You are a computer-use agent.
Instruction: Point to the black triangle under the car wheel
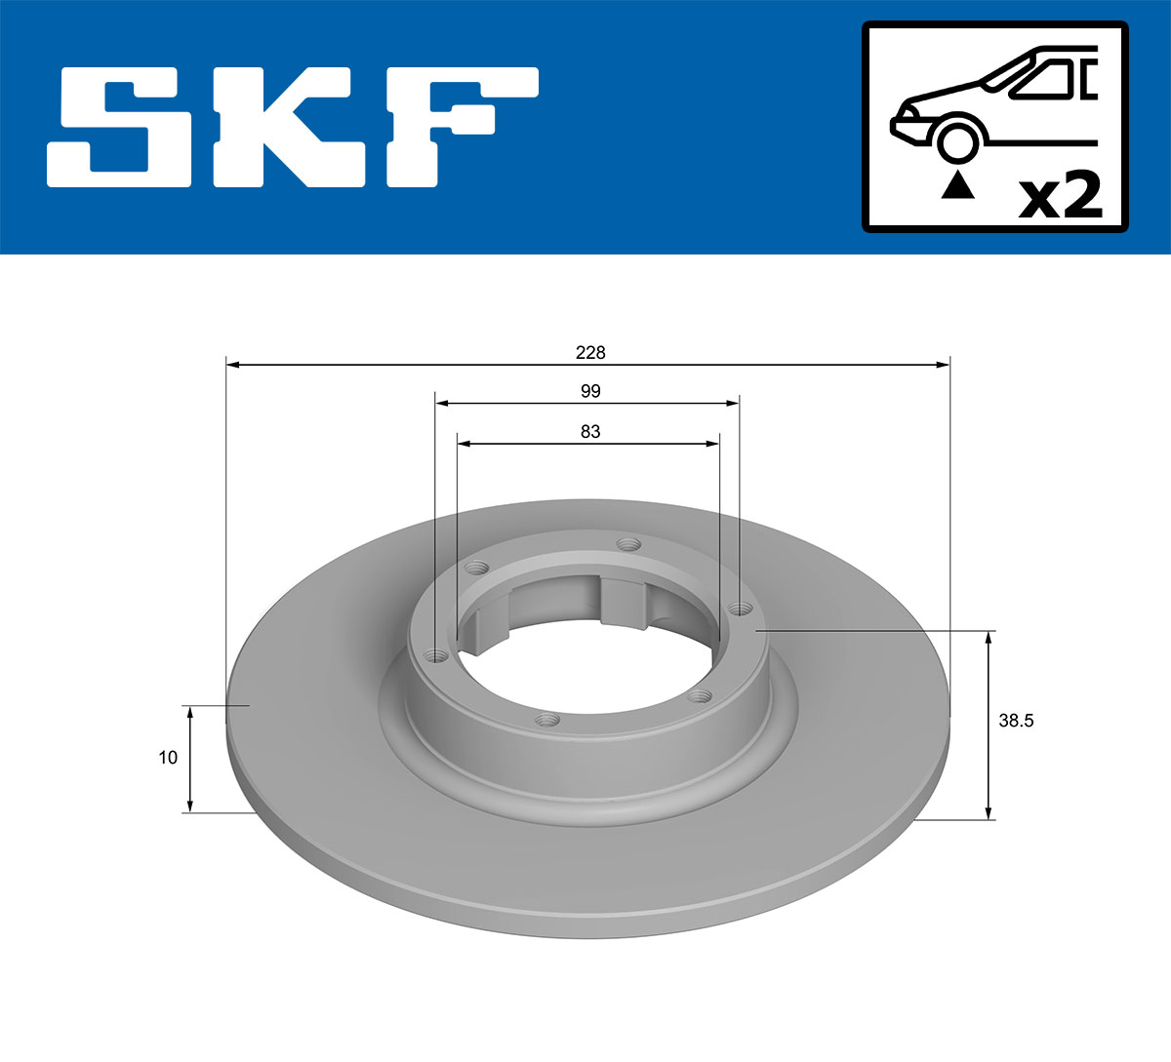point(957,184)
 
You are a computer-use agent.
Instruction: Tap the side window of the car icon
point(1042,80)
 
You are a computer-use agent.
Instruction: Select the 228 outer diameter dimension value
point(590,352)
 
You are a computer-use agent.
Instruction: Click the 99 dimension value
point(590,391)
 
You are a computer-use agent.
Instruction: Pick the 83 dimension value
point(590,431)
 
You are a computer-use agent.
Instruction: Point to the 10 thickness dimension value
point(168,758)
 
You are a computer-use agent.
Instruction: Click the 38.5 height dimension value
point(1016,722)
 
